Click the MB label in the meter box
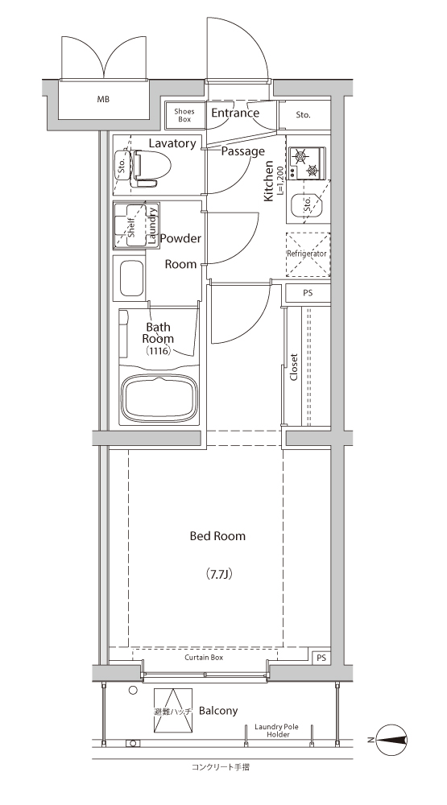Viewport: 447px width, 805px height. click(103, 99)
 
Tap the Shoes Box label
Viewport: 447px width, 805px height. click(184, 115)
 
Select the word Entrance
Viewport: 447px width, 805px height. click(235, 113)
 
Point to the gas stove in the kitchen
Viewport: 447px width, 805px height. click(307, 163)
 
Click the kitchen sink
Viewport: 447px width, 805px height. click(307, 206)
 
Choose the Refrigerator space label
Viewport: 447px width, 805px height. click(307, 254)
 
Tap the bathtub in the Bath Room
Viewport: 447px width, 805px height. click(159, 399)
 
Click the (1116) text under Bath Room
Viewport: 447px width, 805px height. click(159, 351)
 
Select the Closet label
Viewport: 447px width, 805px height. click(294, 366)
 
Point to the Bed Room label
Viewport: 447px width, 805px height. click(217, 536)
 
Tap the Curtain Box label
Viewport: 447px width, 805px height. click(204, 657)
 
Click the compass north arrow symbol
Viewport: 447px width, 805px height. click(391, 740)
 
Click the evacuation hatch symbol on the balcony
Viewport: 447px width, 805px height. click(173, 711)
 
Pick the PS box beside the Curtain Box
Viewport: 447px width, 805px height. click(321, 658)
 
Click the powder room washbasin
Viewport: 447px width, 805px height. click(131, 278)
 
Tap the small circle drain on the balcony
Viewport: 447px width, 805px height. click(133, 691)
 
